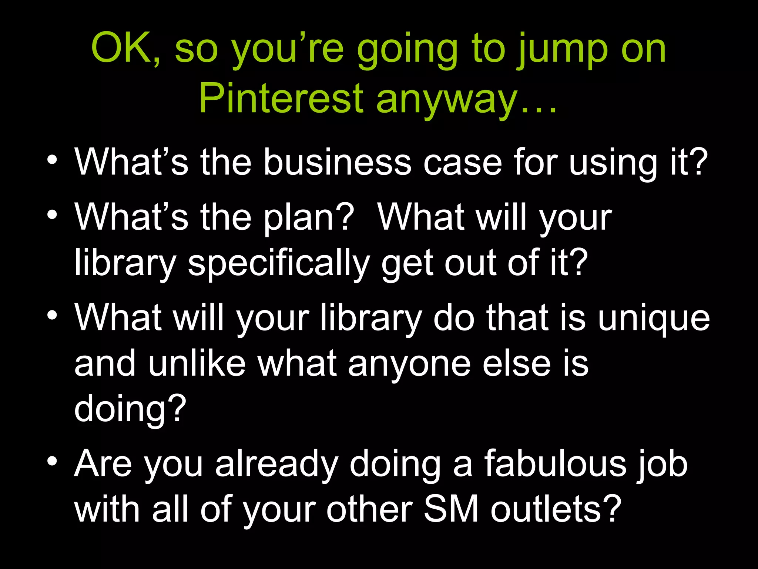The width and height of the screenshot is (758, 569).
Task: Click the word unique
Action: point(654,319)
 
